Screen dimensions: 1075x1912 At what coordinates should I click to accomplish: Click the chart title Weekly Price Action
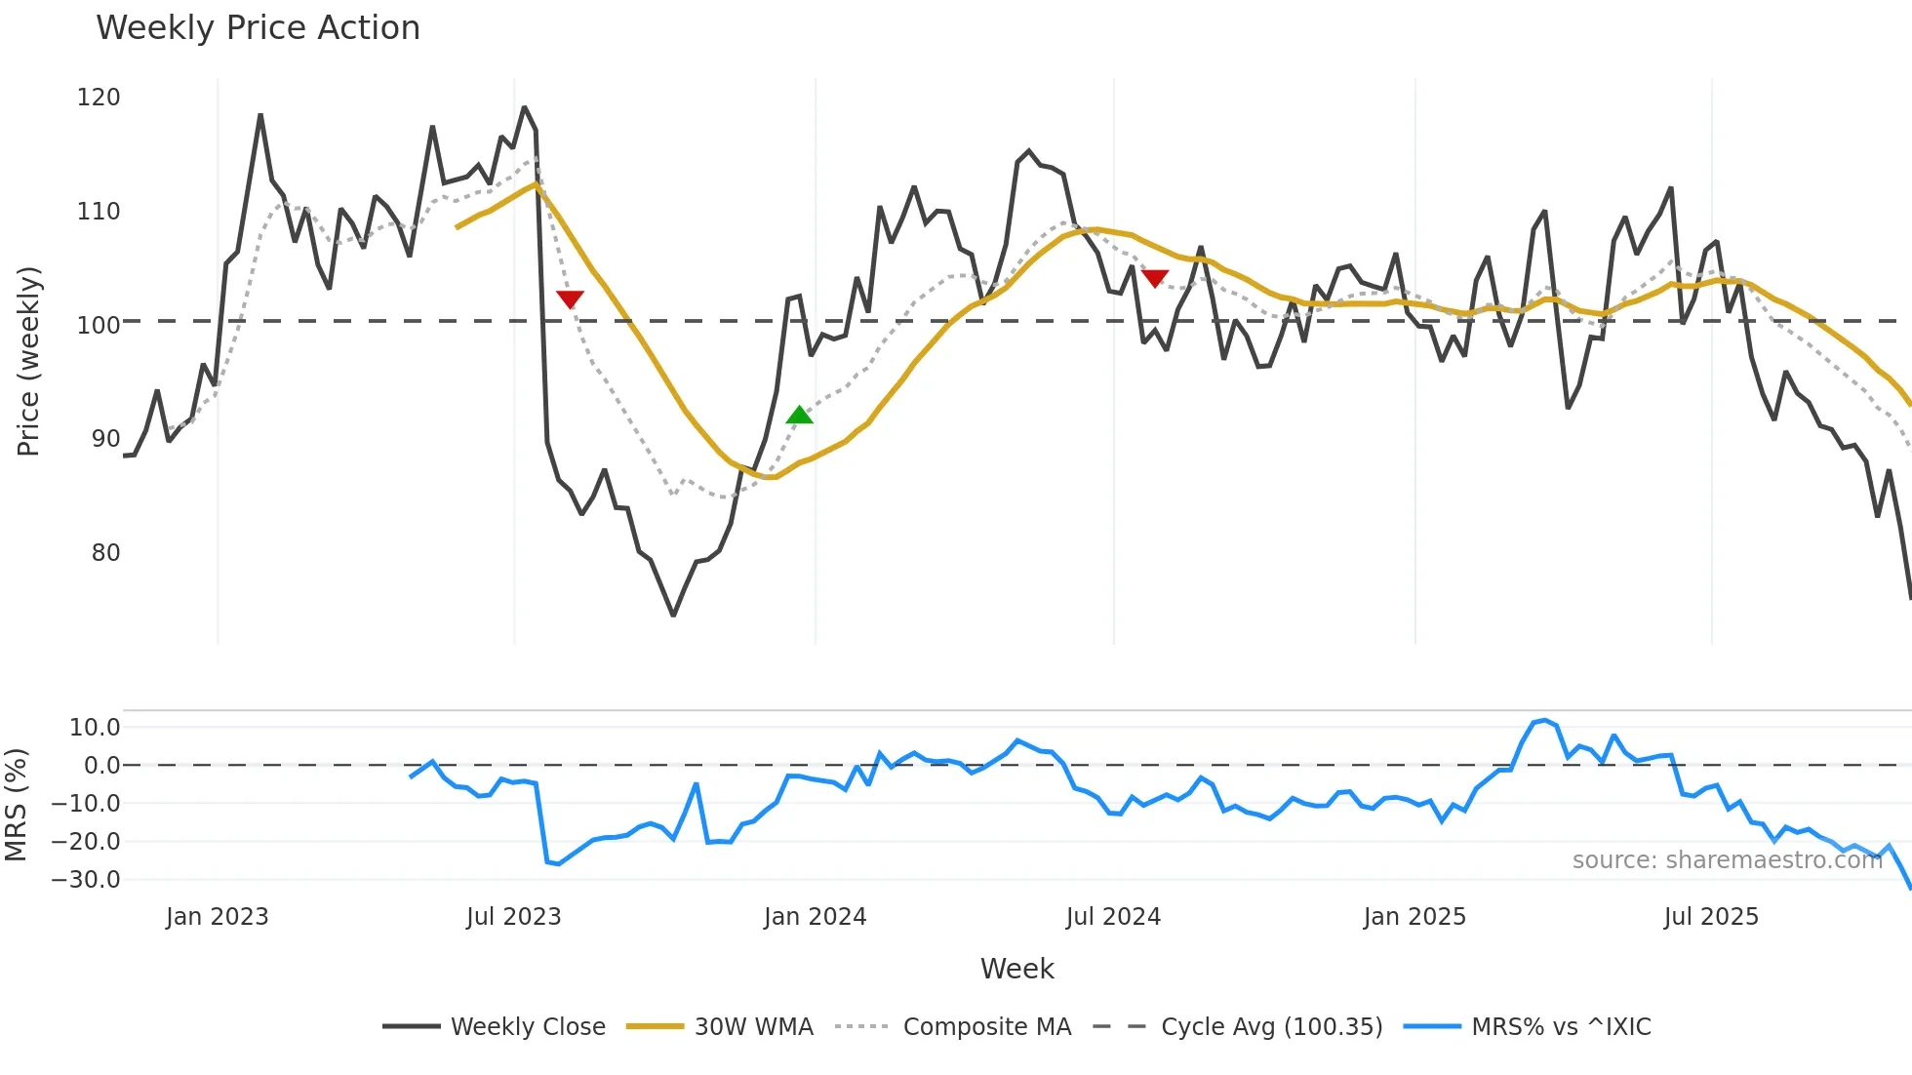(258, 28)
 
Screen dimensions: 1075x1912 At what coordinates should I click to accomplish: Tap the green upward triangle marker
(799, 416)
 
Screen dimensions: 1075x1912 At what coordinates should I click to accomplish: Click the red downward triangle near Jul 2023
(570, 299)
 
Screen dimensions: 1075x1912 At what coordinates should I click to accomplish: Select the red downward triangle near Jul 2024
(1155, 279)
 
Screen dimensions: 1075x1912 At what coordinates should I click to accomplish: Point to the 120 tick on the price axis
(99, 98)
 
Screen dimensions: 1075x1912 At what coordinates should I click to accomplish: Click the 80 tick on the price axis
(105, 553)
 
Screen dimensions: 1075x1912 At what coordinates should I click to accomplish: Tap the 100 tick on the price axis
(99, 325)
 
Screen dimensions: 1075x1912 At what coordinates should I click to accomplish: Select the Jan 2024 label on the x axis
(815, 917)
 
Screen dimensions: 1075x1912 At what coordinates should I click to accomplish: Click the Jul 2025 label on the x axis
(1711, 917)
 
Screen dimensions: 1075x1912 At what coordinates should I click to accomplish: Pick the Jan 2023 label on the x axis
(217, 917)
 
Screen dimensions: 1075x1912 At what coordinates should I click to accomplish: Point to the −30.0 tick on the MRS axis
(86, 880)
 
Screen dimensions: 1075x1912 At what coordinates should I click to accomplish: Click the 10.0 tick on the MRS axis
(95, 728)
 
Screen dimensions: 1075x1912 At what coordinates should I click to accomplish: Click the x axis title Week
(1016, 969)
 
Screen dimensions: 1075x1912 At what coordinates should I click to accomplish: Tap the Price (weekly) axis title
(28, 361)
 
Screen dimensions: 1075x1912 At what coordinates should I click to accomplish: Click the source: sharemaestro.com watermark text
(1727, 860)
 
